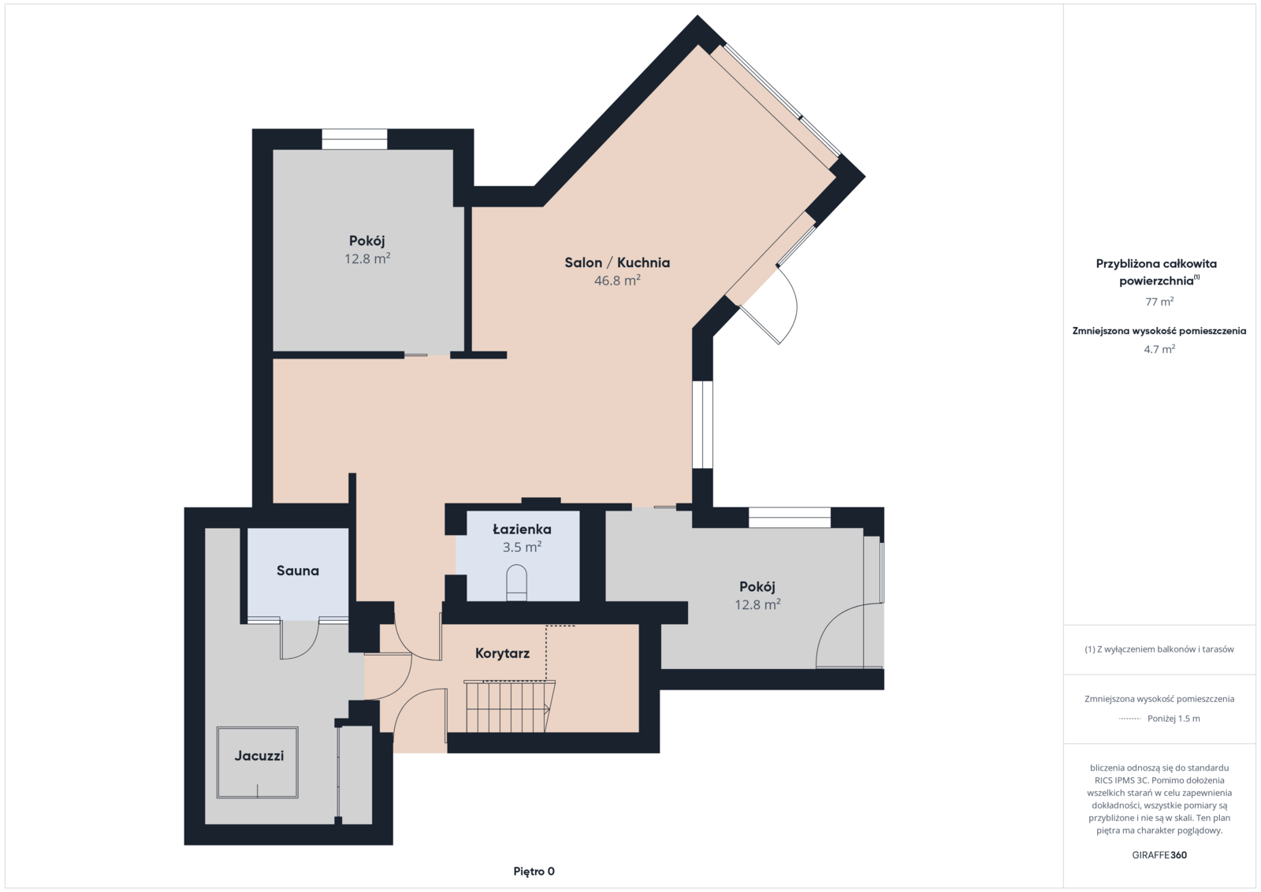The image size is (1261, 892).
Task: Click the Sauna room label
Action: [x=297, y=571]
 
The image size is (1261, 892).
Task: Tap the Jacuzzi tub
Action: [x=257, y=763]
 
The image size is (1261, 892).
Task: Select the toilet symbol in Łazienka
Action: [x=517, y=583]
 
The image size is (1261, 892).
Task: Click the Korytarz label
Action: [x=502, y=653]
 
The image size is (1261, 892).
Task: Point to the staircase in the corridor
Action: [x=509, y=706]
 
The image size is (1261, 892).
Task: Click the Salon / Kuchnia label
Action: [x=617, y=263]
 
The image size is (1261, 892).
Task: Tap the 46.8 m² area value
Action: [x=618, y=281]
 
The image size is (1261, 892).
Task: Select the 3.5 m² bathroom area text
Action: [x=522, y=547]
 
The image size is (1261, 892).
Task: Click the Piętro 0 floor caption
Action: [x=534, y=872]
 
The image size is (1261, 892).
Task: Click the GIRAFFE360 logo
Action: [x=1159, y=855]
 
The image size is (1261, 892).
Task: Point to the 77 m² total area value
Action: [x=1159, y=302]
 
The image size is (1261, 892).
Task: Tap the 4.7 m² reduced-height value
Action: [x=1159, y=349]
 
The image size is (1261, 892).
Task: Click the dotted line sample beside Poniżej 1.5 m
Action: [x=1129, y=719]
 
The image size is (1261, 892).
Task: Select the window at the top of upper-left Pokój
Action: [x=354, y=139]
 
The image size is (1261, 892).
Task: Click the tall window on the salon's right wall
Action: [x=702, y=425]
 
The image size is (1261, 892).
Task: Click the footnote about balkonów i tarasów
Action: [x=1159, y=649]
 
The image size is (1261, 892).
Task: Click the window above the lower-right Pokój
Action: [x=790, y=517]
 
